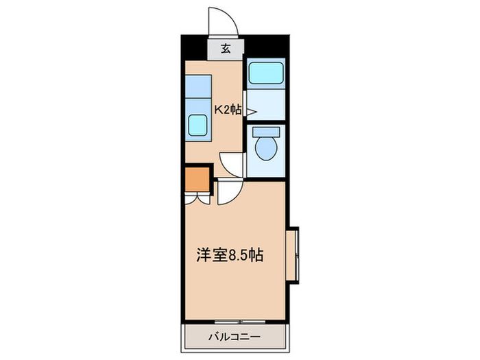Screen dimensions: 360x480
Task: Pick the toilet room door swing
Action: (x=232, y=163)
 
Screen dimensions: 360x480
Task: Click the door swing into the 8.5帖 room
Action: (x=228, y=193)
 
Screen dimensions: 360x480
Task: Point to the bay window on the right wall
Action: (x=297, y=254)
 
